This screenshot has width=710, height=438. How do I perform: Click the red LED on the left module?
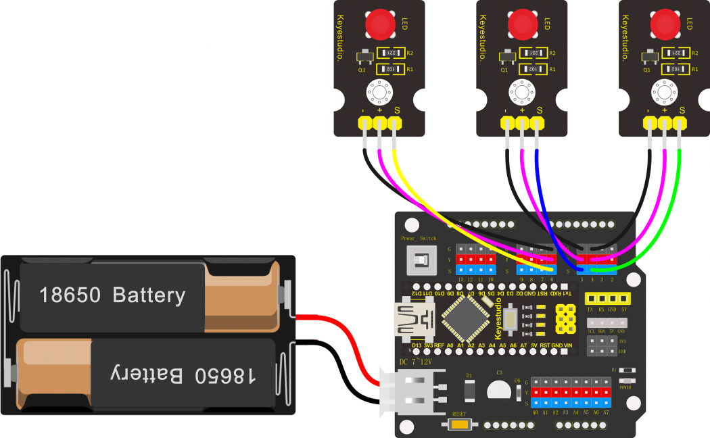pyautogui.click(x=381, y=25)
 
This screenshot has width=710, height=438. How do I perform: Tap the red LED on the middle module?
pyautogui.click(x=522, y=25)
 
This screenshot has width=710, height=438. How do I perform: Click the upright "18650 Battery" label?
pyautogui.click(x=112, y=295)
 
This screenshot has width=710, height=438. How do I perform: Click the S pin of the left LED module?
pyautogui.click(x=395, y=122)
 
